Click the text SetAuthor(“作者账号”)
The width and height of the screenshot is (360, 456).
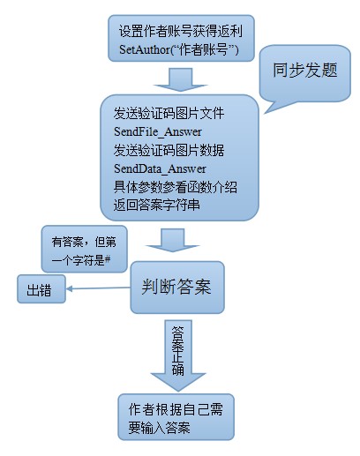point(179,49)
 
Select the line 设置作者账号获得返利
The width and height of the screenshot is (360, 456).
point(181,31)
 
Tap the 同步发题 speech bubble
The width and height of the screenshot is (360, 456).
point(304,73)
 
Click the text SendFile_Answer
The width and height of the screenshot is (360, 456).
point(158,131)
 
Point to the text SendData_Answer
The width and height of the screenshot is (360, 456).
point(160,168)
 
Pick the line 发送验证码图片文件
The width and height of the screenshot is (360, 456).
point(169,113)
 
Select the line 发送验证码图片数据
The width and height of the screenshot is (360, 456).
point(169,150)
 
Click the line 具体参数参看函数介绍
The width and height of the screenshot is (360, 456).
point(176,187)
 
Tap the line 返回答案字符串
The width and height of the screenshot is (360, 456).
point(157,205)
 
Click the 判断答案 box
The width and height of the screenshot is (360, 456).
point(177,287)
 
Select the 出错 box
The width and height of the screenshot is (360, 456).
point(41,289)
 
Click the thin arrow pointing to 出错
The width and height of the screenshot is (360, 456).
point(98,288)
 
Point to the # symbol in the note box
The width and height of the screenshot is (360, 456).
point(108,259)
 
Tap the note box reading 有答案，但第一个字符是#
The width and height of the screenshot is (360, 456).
point(84,249)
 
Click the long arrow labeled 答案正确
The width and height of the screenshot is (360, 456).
point(178,355)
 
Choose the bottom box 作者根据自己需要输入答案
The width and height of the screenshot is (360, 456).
point(176,417)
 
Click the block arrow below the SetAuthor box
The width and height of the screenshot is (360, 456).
point(180,79)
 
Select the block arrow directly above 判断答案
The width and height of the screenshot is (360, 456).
point(173,240)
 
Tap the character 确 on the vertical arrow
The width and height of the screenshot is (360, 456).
point(178,370)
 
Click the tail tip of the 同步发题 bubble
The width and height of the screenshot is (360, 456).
point(265,113)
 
